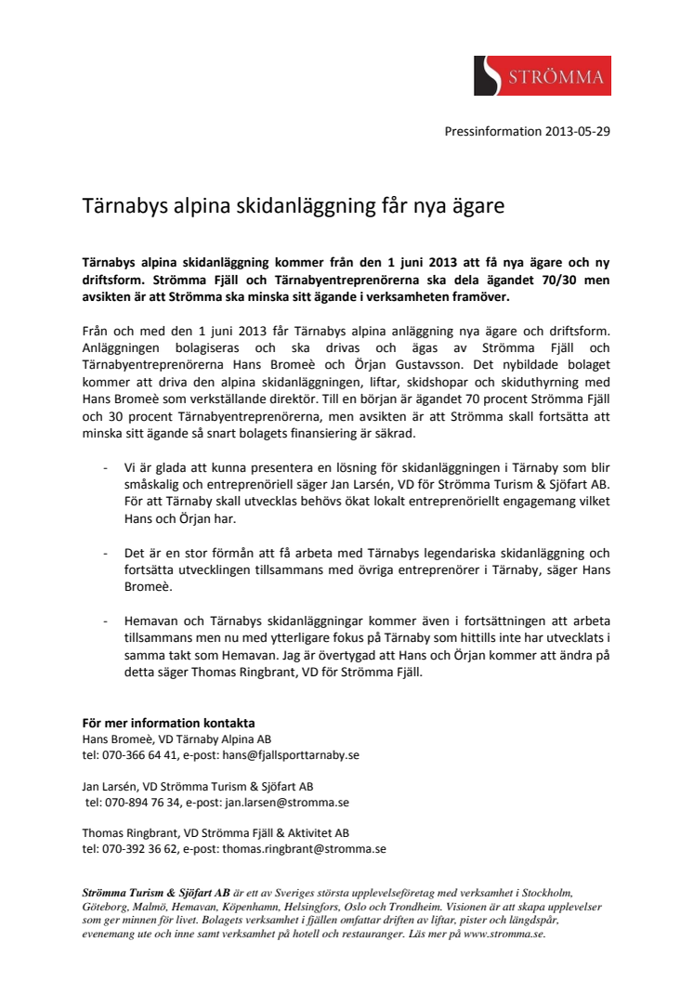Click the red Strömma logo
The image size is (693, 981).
tap(542, 75)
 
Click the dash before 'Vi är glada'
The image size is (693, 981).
tap(106, 468)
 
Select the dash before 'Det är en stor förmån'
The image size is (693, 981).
tap(106, 553)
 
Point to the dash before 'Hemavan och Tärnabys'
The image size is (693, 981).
tap(106, 621)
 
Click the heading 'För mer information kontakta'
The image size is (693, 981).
tap(168, 723)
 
